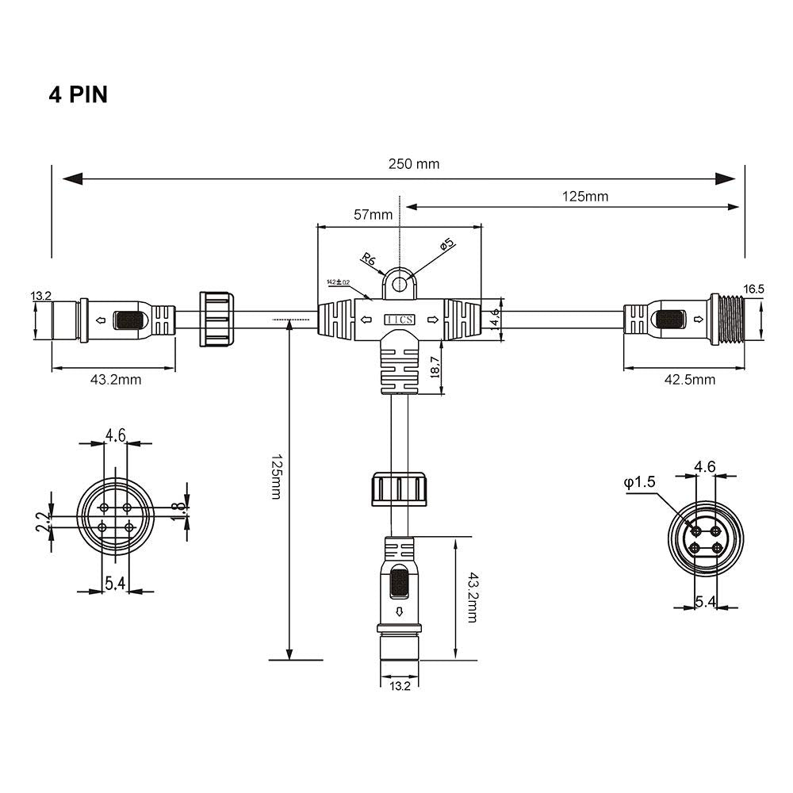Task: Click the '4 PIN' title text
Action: (x=78, y=94)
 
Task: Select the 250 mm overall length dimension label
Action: (x=413, y=164)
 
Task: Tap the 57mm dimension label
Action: (x=373, y=214)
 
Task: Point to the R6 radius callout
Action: (x=368, y=258)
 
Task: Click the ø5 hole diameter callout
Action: (x=447, y=245)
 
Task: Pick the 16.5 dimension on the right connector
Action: (x=754, y=289)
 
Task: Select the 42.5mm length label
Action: (x=691, y=379)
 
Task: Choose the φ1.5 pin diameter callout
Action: (x=639, y=482)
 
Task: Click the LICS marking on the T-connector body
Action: (x=398, y=320)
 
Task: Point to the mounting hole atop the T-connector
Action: (x=400, y=283)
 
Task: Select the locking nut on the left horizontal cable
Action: (x=216, y=320)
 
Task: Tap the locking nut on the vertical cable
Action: (x=400, y=488)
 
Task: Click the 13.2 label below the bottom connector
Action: (x=400, y=686)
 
